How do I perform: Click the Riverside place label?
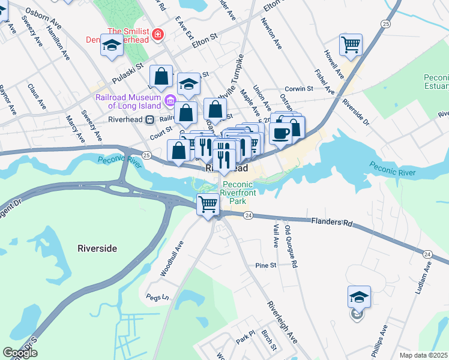97,248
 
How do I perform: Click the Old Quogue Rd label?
291,247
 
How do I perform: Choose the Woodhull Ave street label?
170,259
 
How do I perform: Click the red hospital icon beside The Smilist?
158,35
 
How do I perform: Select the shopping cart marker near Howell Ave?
351,44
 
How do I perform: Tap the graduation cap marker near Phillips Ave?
359,296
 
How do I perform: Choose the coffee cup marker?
281,133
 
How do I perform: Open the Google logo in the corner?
20,353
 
